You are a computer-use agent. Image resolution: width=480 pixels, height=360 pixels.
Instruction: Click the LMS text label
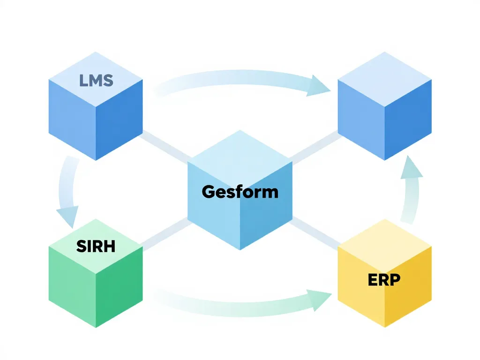96,80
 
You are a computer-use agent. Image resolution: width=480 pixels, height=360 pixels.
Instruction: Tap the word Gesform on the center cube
240,191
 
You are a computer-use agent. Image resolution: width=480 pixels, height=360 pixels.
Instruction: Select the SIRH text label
96,246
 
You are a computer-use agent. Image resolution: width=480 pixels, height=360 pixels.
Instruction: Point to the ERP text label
384,280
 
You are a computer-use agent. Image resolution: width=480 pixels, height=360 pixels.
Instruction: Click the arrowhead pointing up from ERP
411,168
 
